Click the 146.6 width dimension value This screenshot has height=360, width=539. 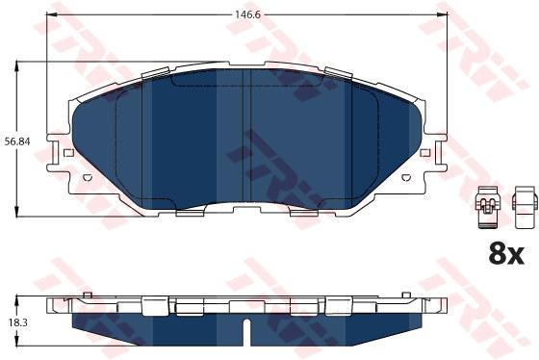247,14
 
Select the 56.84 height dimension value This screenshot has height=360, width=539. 17,141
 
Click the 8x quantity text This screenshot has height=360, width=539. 506,254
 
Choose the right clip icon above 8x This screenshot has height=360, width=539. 525,207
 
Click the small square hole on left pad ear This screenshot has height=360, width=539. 68,152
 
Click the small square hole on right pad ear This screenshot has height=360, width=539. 425,152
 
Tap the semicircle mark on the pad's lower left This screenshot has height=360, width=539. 88,177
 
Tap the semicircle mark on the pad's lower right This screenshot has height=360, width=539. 406,177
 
